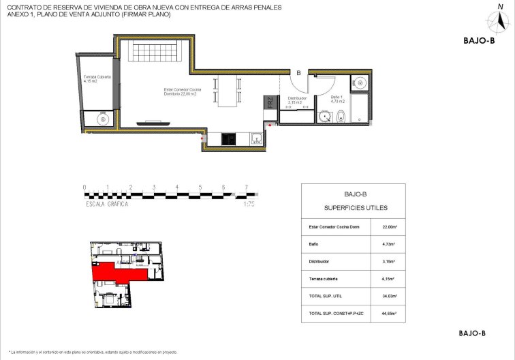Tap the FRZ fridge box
[x=270, y=104]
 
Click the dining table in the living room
[x=227, y=89]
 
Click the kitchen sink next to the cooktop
[x=256, y=139]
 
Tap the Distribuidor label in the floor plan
[x=298, y=100]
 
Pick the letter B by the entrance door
[x=298, y=72]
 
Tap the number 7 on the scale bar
[x=246, y=187]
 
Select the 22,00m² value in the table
[x=390, y=227]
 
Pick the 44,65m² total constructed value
[x=390, y=314]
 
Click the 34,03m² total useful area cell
[x=390, y=296]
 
